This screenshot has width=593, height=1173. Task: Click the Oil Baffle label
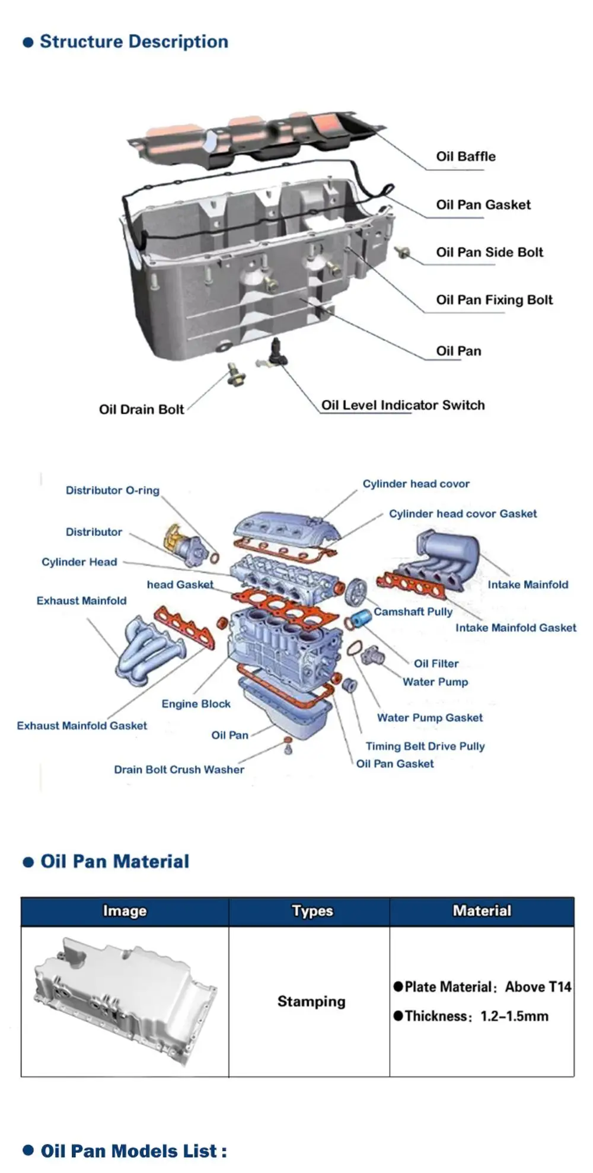pos(466,156)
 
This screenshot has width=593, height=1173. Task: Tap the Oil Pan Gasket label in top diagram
pos(483,204)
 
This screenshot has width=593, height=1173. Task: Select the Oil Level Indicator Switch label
pos(403,405)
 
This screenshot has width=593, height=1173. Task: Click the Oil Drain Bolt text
pos(141,409)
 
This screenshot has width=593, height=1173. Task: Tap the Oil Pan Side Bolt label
pos(489,252)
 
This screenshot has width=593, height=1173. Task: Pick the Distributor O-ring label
pos(112,490)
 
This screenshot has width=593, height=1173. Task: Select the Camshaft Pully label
pos(413,611)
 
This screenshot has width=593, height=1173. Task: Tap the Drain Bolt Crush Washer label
pos(178,769)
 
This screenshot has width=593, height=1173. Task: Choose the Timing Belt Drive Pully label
pos(425,746)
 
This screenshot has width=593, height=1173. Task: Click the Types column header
pos(312,910)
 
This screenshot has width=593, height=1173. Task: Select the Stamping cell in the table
pos(311,1001)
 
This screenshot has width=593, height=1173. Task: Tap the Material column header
pos(482,910)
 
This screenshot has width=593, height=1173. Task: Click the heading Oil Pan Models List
pos(133,1151)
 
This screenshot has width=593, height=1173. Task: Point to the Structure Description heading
pos(133,41)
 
